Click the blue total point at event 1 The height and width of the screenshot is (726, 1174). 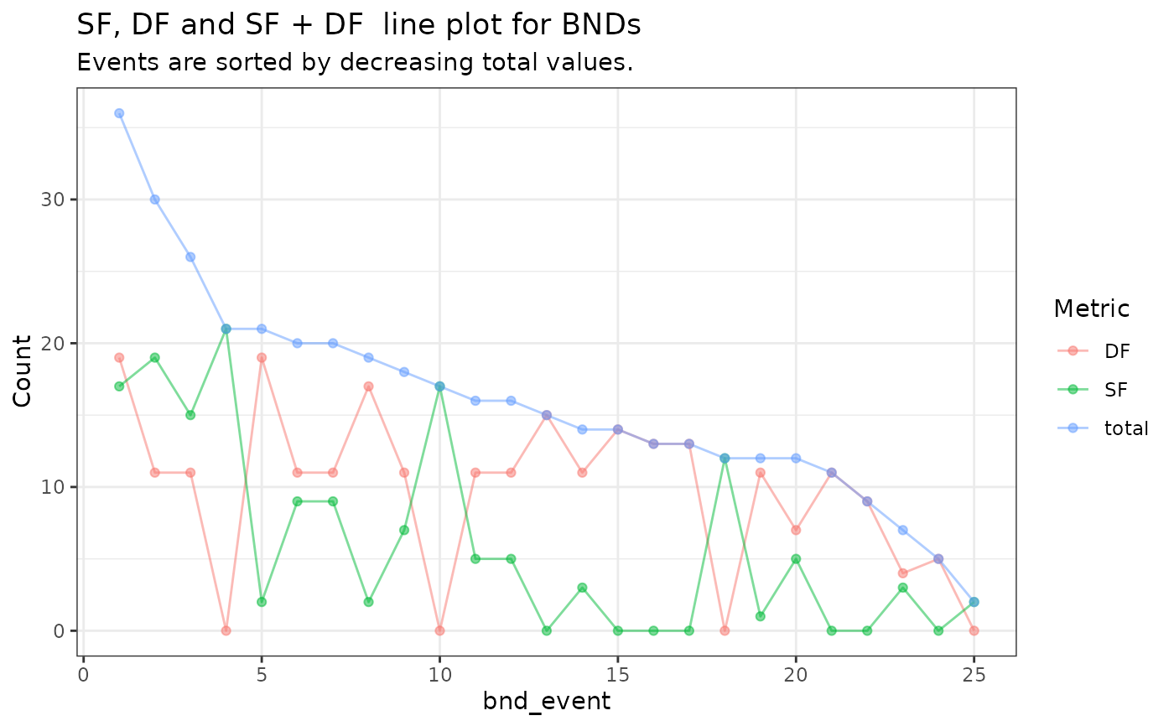click(x=119, y=113)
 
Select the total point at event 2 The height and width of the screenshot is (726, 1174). click(x=155, y=200)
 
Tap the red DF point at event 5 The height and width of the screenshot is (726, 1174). click(x=262, y=357)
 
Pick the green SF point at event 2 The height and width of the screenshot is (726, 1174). click(x=155, y=357)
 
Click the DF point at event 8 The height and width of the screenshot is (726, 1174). click(x=368, y=386)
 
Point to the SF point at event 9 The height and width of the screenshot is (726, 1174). click(x=404, y=530)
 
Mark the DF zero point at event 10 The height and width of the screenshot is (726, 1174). click(x=439, y=630)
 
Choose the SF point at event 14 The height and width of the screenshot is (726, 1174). click(x=582, y=588)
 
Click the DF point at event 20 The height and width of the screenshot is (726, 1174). click(x=796, y=530)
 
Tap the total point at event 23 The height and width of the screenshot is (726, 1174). click(x=902, y=530)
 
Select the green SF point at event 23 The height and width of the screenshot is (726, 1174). click(x=902, y=588)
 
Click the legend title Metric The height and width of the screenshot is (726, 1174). click(x=1092, y=309)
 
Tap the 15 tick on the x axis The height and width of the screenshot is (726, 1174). click(x=618, y=673)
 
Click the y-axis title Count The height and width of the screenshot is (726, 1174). click(x=23, y=371)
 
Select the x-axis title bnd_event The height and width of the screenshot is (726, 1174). click(x=547, y=702)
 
